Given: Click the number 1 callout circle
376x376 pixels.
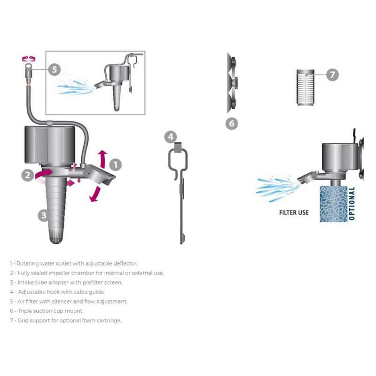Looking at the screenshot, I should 116,164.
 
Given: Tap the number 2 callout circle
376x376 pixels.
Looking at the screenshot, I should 28,175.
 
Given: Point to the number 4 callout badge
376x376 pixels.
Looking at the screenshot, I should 171,137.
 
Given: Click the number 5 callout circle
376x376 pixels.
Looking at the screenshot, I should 54,70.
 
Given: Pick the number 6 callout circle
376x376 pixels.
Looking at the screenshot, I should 231,124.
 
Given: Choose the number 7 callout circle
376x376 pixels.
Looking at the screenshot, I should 332,74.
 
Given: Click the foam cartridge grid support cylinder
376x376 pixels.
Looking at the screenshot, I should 305,88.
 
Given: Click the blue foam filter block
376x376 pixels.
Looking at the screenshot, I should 333,204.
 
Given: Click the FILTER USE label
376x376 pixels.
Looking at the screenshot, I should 294,213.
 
